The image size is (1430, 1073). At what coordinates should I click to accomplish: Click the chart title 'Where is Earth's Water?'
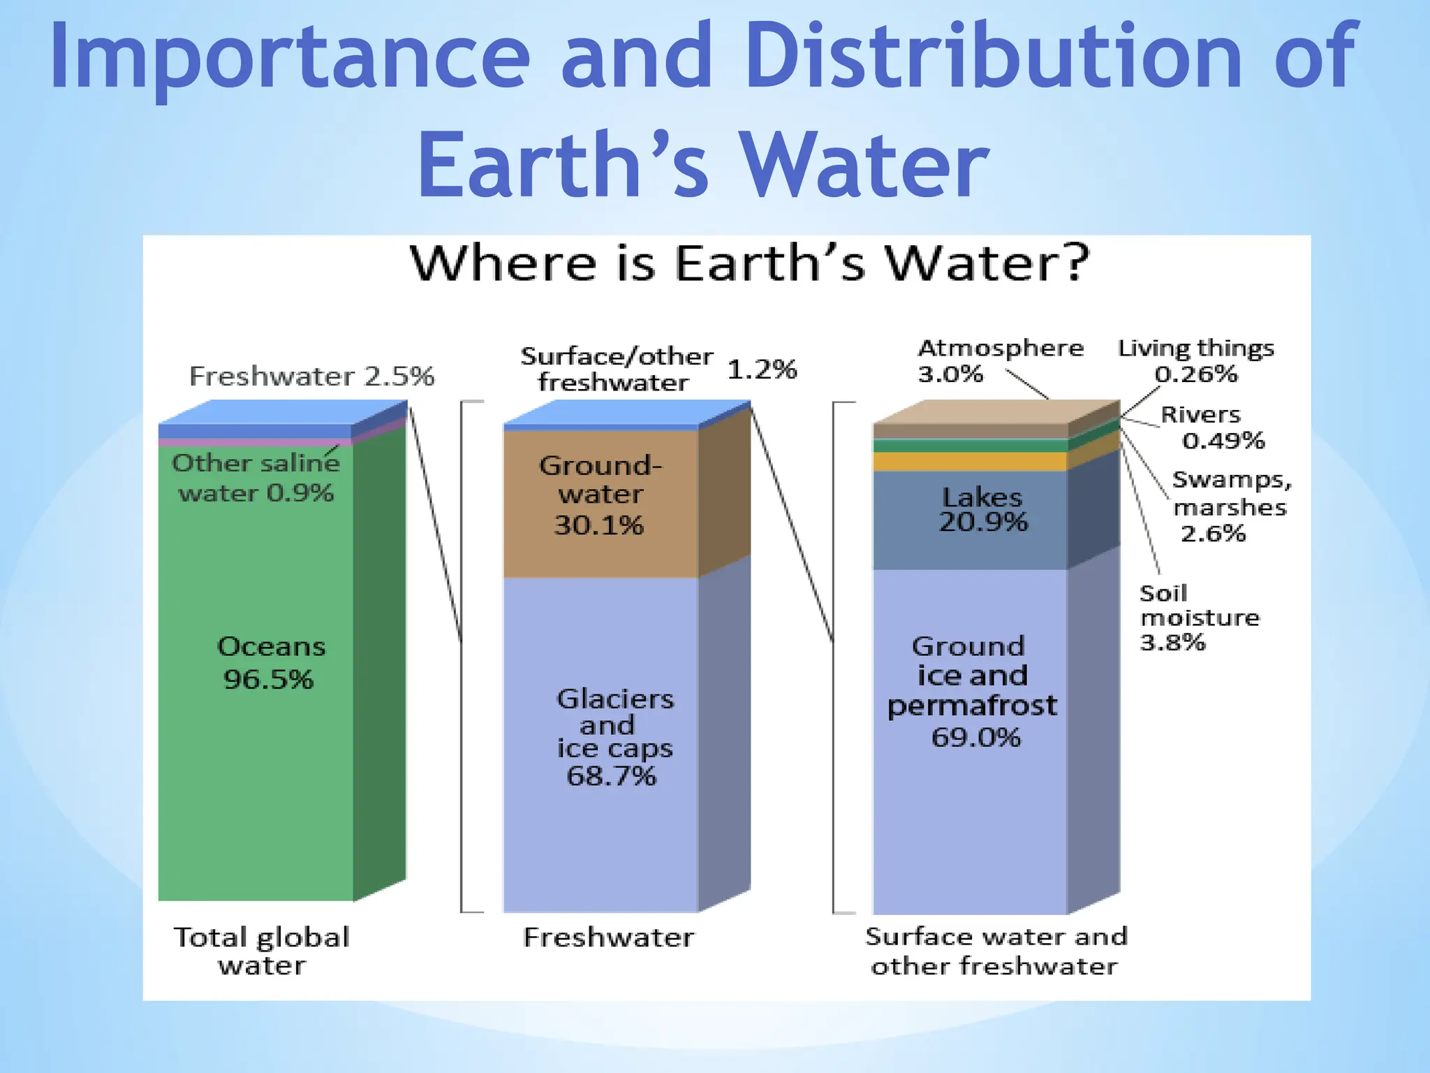click(749, 264)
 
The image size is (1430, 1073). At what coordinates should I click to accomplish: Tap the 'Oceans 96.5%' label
click(270, 662)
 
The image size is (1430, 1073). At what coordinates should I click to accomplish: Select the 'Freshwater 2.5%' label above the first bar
click(311, 377)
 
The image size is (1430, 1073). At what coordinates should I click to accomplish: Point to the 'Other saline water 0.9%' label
click(256, 478)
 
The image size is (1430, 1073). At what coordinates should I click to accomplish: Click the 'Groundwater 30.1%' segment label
click(600, 495)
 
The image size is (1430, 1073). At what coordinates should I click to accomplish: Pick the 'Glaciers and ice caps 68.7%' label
click(614, 737)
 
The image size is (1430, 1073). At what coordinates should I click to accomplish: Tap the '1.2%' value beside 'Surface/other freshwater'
click(762, 370)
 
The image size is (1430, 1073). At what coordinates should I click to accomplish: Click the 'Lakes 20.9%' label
click(982, 509)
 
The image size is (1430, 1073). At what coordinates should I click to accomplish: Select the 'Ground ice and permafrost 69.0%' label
click(971, 691)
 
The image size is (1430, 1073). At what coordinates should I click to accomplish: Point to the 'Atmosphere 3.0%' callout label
click(999, 360)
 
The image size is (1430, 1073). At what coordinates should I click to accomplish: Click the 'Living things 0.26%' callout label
click(1195, 360)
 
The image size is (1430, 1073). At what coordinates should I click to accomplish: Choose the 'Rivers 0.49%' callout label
click(1211, 428)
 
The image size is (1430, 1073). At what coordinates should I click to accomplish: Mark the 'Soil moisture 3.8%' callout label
click(1198, 618)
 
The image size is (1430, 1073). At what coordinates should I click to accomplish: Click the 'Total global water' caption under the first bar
click(261, 950)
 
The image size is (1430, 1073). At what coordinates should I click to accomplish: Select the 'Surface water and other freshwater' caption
click(996, 950)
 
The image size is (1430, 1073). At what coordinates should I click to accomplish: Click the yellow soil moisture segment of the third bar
click(970, 462)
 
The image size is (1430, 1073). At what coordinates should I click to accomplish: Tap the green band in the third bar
click(970, 446)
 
